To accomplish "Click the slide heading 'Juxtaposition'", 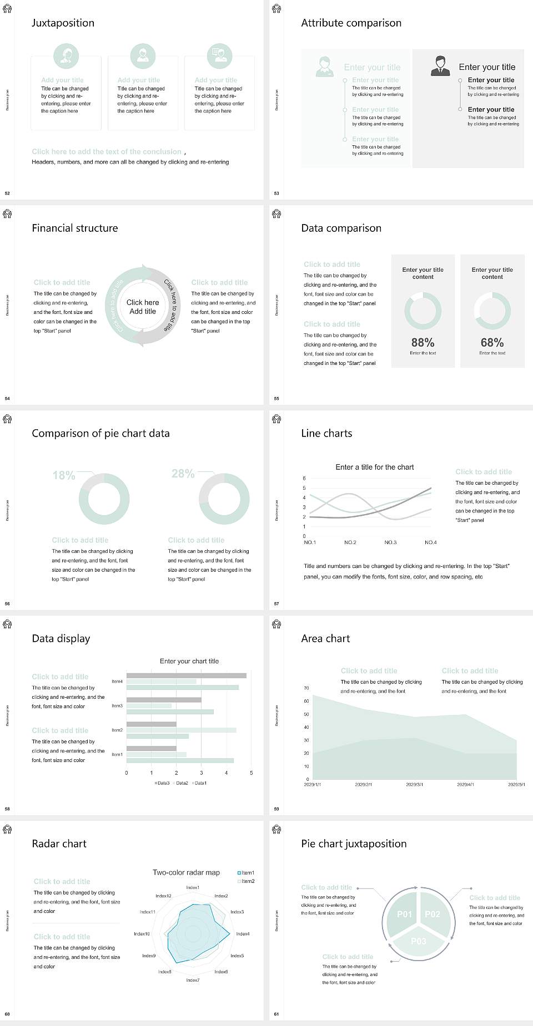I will (63, 23).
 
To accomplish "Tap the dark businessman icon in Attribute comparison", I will (440, 65).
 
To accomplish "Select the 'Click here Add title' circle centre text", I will (143, 307).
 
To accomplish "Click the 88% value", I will (423, 343).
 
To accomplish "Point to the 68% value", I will (492, 343).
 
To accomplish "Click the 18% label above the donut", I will (64, 475).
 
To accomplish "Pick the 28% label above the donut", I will (183, 474).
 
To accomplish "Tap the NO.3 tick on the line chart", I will (390, 542).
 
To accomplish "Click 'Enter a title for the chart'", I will (375, 467).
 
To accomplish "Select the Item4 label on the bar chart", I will (117, 681).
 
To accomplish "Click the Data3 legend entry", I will (162, 783).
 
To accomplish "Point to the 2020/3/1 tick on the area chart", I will (414, 785).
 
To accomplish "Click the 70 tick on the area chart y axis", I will (306, 688).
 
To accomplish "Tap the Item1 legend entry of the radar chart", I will (246, 873).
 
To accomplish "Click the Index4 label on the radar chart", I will (243, 934).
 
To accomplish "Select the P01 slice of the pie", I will (404, 914).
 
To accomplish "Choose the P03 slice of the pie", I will (419, 941).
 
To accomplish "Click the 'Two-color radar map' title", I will (186, 872).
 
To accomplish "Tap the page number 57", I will (276, 603).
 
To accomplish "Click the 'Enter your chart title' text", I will (189, 661).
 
